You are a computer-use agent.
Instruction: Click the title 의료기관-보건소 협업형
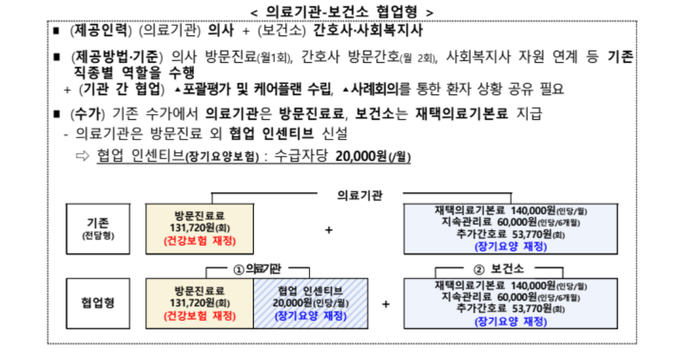point(342,12)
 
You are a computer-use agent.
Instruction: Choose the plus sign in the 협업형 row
point(386,304)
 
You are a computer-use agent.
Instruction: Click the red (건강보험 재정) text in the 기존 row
point(200,241)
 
